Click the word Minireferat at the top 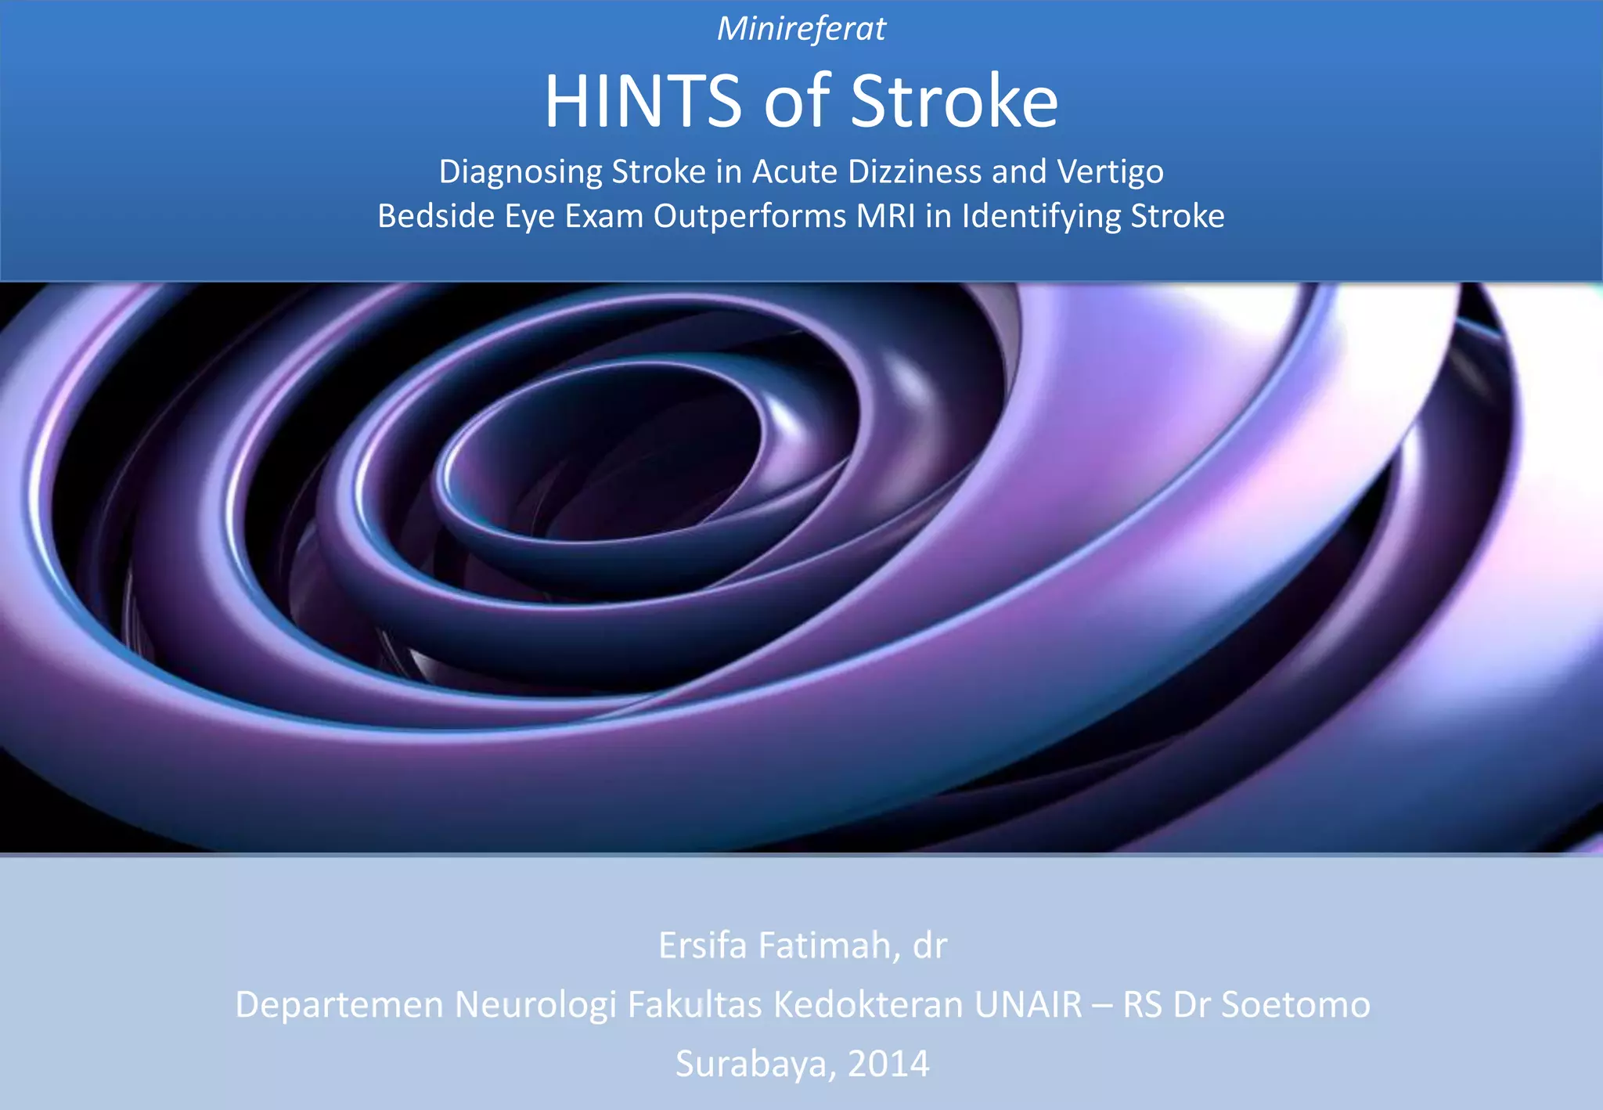[x=801, y=30]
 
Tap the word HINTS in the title [x=643, y=102]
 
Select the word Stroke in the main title [x=953, y=102]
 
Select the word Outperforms [x=750, y=216]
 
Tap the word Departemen [x=339, y=1005]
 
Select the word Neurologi [x=535, y=1005]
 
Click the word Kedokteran [x=867, y=1005]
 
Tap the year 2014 [x=888, y=1064]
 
